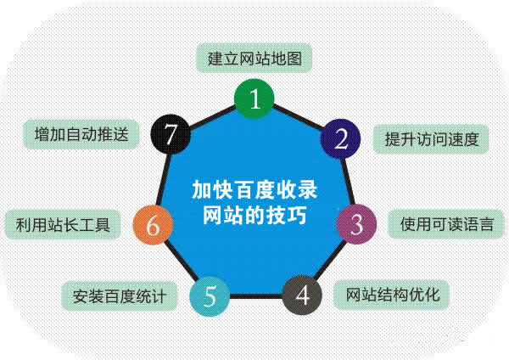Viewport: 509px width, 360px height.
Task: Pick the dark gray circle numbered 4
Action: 304,295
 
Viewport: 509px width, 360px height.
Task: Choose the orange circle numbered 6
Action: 153,226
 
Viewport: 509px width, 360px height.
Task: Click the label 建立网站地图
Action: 255,59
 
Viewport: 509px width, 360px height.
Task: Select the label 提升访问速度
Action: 432,138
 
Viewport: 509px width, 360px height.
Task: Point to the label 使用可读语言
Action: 447,225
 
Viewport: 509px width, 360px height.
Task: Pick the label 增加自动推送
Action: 81,135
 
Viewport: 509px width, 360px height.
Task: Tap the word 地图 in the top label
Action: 288,59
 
